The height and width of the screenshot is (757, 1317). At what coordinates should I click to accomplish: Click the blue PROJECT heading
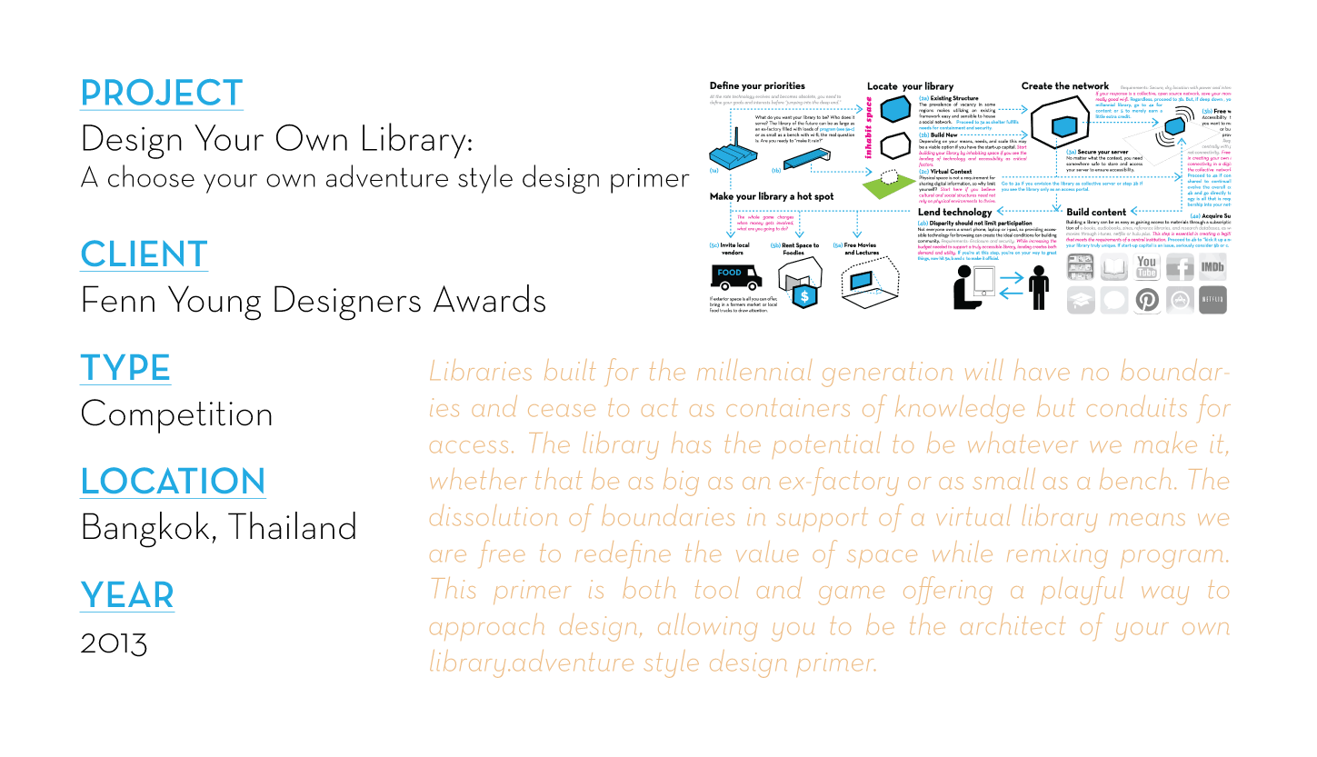tap(162, 93)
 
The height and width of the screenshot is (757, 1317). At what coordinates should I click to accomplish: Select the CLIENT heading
tap(144, 254)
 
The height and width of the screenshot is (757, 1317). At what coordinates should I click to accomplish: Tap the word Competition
tap(176, 413)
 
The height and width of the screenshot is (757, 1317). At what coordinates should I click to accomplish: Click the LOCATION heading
tap(173, 481)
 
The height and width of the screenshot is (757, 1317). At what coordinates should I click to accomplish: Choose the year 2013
tap(114, 642)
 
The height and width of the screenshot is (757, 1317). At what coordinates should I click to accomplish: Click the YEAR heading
tap(126, 595)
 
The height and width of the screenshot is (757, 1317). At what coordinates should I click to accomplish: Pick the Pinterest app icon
tap(1148, 299)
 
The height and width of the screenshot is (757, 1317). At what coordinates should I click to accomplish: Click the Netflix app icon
tap(1212, 299)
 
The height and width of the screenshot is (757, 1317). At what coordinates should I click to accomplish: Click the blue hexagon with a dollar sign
tap(803, 295)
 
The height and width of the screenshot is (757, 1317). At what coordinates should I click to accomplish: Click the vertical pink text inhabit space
tap(869, 133)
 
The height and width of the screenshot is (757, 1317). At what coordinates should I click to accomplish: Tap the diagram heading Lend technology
tap(954, 212)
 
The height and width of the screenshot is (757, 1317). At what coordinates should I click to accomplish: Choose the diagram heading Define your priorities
tap(756, 86)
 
